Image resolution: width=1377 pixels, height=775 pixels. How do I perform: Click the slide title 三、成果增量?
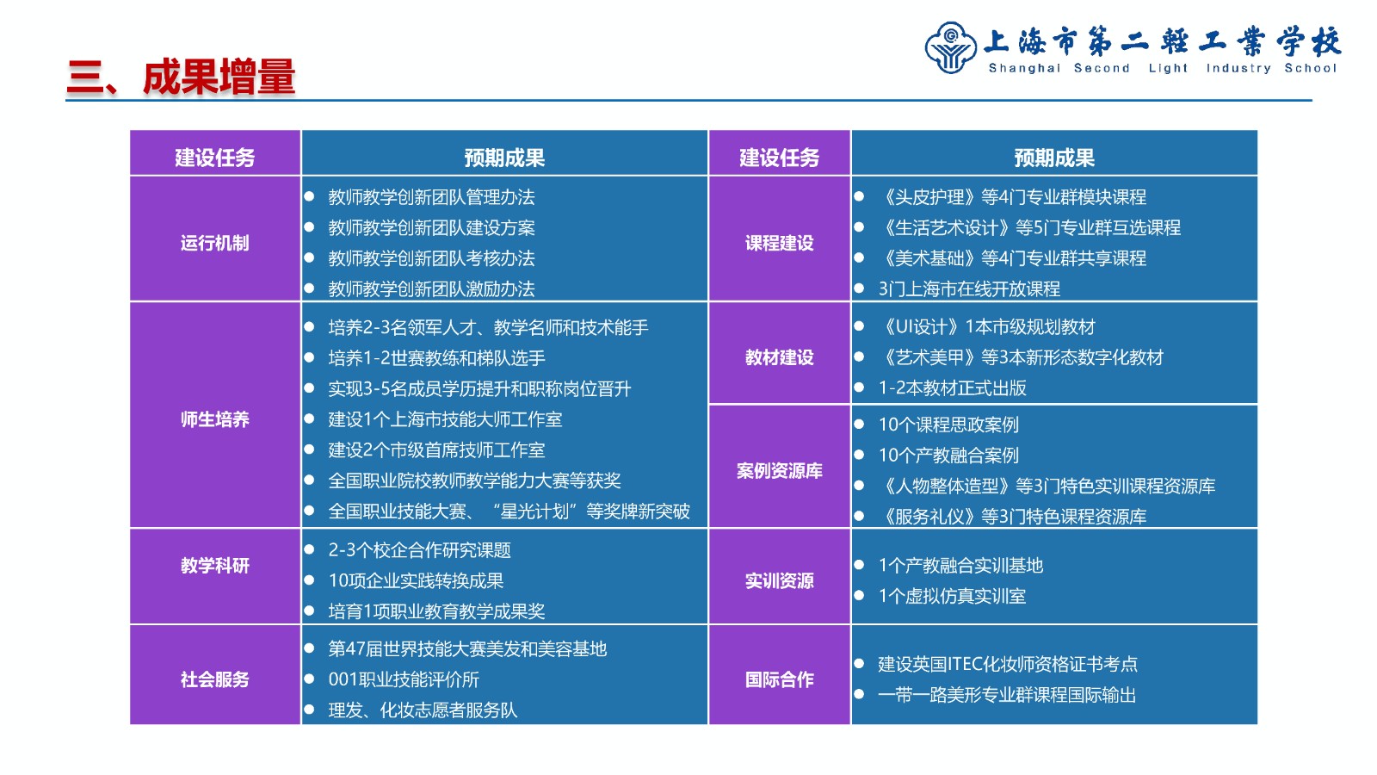coord(182,77)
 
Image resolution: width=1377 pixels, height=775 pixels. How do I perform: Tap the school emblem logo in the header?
coord(950,48)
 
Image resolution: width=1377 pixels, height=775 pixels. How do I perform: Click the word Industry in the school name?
coord(1238,68)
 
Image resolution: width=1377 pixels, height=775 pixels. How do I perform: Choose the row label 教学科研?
coord(214,566)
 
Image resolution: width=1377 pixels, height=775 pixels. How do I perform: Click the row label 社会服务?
coord(214,679)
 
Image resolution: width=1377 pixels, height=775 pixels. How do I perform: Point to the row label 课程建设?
coord(780,243)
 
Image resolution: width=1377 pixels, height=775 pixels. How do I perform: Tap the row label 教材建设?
coord(780,357)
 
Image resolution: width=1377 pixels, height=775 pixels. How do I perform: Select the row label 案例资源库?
coord(780,471)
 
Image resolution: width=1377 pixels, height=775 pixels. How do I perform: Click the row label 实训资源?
coord(780,581)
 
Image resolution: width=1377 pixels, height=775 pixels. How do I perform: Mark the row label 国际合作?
coord(780,679)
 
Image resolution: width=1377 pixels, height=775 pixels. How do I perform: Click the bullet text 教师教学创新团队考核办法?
coord(431,258)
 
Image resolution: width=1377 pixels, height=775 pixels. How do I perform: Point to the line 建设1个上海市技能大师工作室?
coord(445,419)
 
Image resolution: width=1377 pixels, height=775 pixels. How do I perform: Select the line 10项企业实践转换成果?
coord(417,580)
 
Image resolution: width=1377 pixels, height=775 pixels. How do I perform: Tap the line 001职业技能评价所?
coord(404,679)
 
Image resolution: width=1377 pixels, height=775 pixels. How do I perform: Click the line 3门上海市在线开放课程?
coord(969,289)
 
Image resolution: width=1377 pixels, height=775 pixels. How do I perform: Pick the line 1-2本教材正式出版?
coord(952,388)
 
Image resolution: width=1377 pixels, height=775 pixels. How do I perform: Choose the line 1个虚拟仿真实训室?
coord(952,596)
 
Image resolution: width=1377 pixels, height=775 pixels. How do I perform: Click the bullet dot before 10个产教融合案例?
coord(860,455)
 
